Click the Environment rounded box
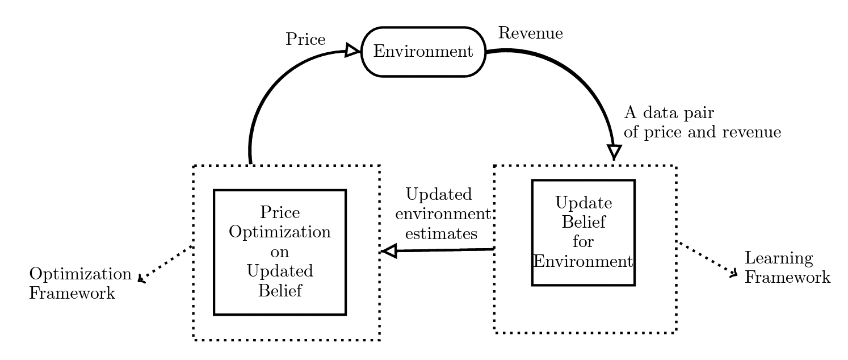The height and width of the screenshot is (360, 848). [423, 52]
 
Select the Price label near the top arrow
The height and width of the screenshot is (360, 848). [305, 39]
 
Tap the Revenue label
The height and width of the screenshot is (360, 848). [530, 33]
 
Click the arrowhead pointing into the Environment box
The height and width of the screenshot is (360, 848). [352, 51]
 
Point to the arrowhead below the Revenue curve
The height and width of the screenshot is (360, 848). [614, 152]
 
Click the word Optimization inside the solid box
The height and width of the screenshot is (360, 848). [280, 232]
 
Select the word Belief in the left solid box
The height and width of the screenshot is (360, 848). [280, 291]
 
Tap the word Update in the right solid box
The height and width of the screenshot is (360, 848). [583, 203]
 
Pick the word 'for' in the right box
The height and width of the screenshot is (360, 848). [583, 242]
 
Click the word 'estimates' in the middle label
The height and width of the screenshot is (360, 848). [441, 234]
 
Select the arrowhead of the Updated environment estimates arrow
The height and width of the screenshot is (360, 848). [389, 251]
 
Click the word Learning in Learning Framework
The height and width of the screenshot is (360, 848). [779, 259]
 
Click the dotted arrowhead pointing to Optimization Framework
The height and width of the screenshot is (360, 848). [141, 279]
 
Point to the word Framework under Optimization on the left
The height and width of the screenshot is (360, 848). [72, 294]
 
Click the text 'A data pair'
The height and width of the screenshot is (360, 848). [669, 113]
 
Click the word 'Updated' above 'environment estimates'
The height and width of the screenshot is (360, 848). [439, 195]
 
